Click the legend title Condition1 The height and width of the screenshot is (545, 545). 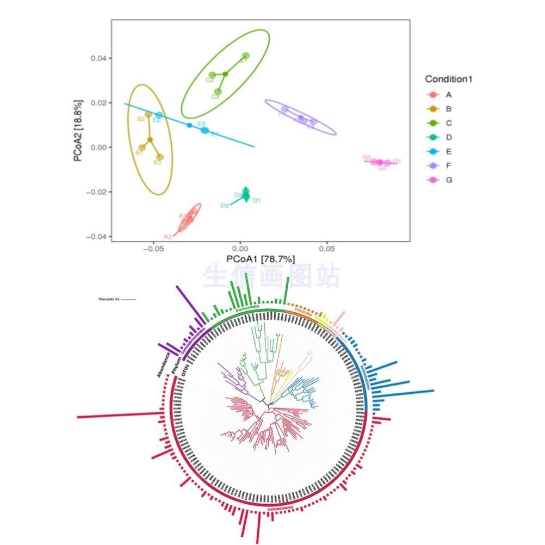[x=448, y=79]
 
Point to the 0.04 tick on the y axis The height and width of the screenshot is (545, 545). [x=98, y=58]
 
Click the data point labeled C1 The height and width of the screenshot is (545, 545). [x=245, y=56]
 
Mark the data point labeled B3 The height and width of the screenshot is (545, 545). [x=160, y=157]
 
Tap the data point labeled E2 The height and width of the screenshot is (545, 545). [x=159, y=115]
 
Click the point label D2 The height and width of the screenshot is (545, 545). [x=224, y=206]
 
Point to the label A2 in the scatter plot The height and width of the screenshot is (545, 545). [x=168, y=237]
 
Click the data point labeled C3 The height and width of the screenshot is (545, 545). [x=218, y=92]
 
